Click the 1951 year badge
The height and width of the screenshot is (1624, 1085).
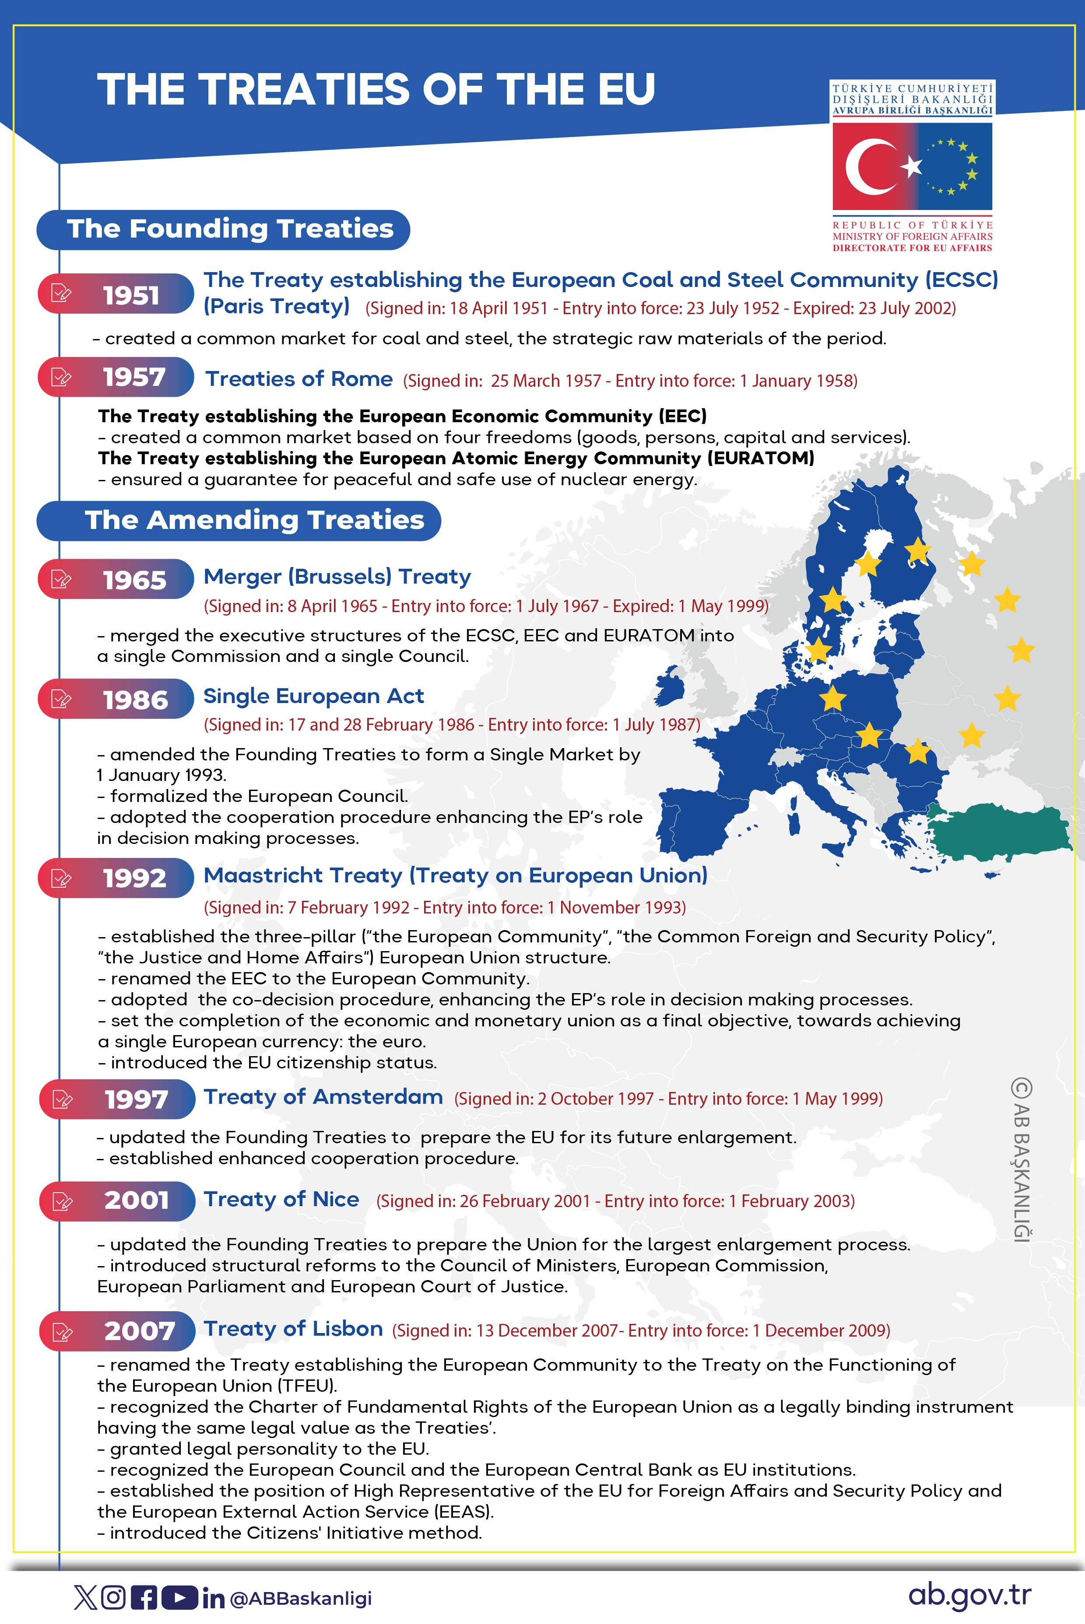point(116,294)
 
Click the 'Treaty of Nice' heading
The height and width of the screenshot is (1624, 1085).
point(281,1199)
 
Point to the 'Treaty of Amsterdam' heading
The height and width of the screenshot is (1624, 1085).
point(323,1097)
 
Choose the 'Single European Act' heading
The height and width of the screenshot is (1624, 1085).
point(313,696)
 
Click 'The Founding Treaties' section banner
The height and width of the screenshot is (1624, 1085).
point(223,229)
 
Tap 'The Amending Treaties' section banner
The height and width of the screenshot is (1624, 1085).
point(239,520)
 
